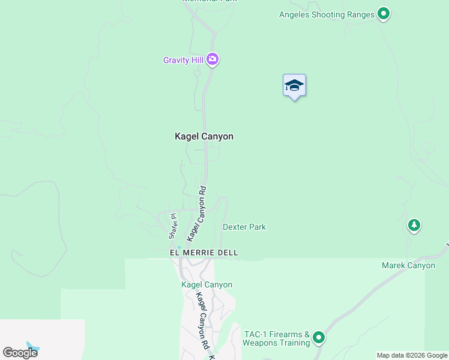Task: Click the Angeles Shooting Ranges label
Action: (x=327, y=14)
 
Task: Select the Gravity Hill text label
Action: (x=182, y=60)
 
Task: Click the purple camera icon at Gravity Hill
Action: (x=212, y=59)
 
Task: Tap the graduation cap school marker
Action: (x=294, y=85)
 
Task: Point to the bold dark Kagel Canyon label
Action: (x=204, y=136)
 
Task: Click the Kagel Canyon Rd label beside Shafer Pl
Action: (x=197, y=214)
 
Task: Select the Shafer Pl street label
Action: (x=172, y=226)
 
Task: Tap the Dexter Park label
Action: (x=244, y=227)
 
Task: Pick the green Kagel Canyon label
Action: (x=207, y=284)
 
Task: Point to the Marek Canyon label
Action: (x=408, y=265)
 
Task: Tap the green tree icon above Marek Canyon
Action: (x=414, y=225)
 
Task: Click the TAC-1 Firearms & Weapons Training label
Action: (x=276, y=338)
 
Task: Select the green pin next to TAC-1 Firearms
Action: (x=318, y=337)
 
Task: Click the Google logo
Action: (x=20, y=352)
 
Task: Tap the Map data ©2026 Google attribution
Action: (x=412, y=355)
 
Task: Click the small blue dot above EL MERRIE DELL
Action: (x=178, y=247)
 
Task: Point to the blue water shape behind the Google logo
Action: (x=34, y=347)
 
